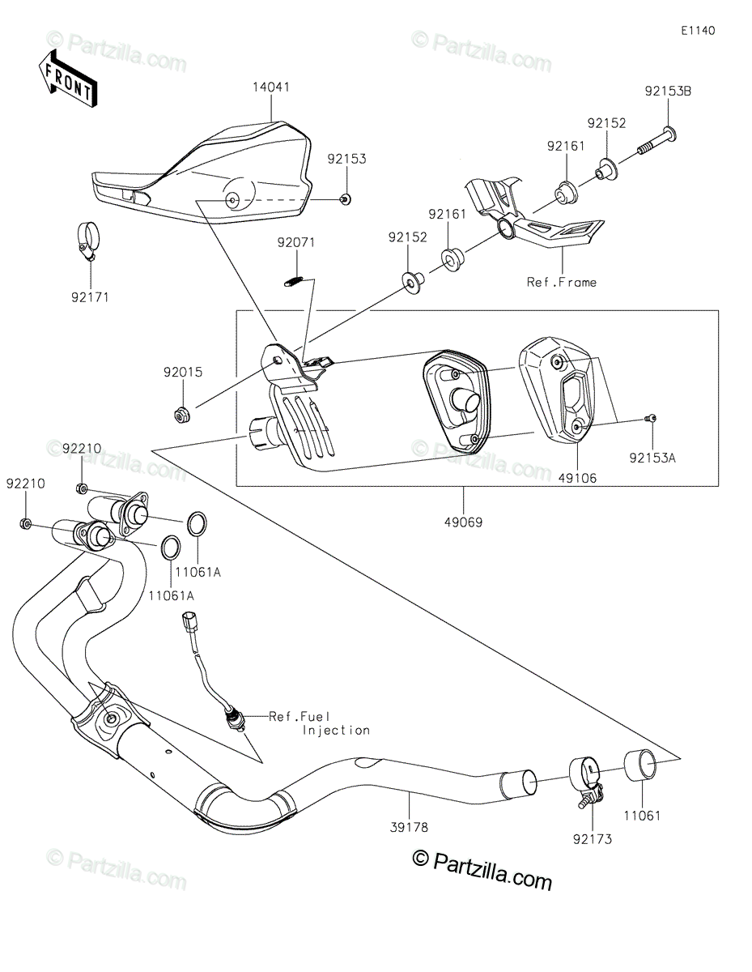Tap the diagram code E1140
tap(698, 31)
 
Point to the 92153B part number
tap(668, 92)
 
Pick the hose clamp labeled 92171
tap(85, 240)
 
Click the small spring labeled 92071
tap(295, 281)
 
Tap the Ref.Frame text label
tap(562, 283)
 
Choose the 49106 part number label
tap(578, 478)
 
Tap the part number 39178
tap(410, 827)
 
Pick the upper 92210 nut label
tap(82, 447)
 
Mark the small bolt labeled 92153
tap(345, 200)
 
